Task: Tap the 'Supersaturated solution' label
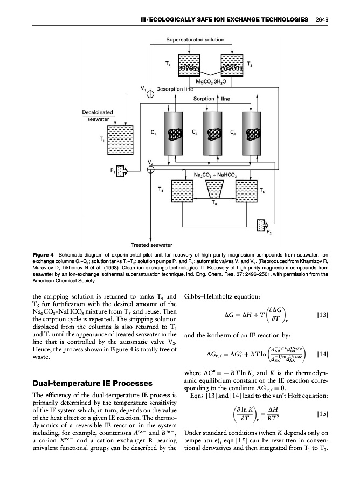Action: click(195, 40)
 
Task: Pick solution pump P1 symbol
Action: click(123, 171)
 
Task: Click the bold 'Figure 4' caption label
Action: click(44, 253)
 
